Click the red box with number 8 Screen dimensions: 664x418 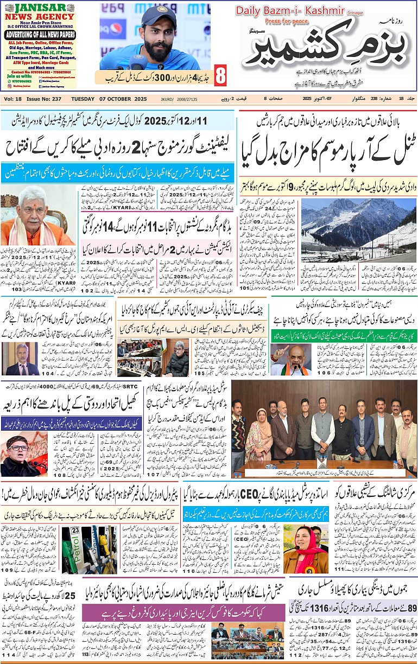(219, 75)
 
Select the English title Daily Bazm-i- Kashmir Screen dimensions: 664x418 (279, 11)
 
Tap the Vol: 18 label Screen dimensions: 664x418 (13, 99)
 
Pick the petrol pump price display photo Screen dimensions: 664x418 (88, 550)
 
